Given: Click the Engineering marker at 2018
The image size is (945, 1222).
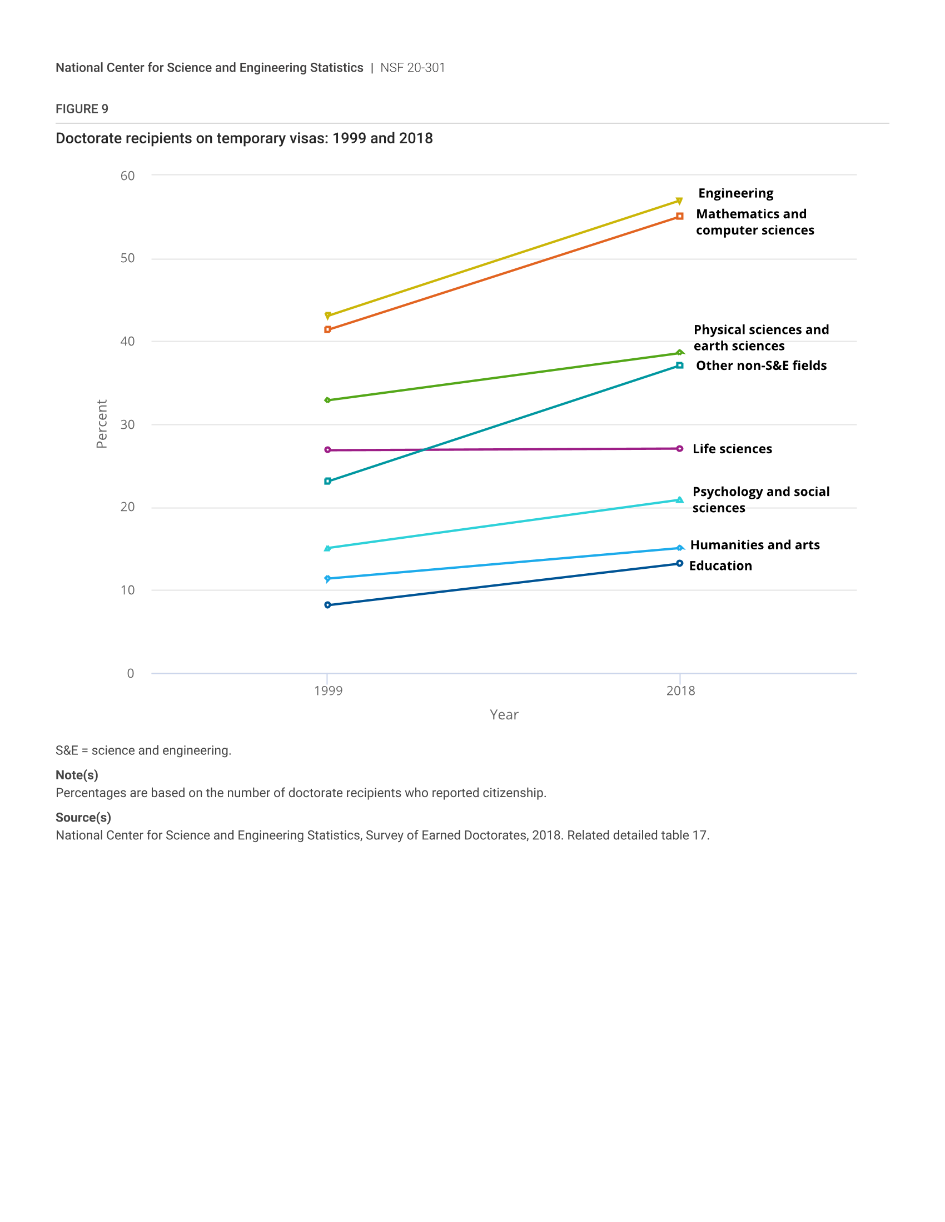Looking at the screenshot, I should [x=679, y=201].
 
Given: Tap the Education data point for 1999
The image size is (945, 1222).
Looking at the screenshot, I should [x=327, y=605].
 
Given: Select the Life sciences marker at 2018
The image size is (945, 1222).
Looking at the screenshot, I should [x=680, y=449].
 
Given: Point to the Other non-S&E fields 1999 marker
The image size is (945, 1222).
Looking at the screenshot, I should [x=327, y=481].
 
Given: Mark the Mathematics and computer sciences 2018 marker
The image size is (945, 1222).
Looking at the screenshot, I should [x=680, y=216].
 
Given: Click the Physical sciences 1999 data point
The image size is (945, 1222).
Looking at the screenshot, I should [x=327, y=400].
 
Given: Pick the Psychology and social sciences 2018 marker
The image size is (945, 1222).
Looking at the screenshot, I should [x=680, y=500].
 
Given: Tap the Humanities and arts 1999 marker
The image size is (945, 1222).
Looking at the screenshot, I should [x=327, y=579].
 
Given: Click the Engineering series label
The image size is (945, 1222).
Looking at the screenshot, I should [x=735, y=193].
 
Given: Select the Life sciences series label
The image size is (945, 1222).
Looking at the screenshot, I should [x=732, y=449].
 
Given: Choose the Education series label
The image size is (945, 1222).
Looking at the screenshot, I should [x=720, y=565].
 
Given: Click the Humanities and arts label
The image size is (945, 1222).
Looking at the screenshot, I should [x=755, y=545].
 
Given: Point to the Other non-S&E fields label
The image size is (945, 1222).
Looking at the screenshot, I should [x=761, y=365].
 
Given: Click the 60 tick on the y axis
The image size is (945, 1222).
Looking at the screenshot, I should [x=128, y=176].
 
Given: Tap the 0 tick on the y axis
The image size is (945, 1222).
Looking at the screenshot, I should [x=131, y=673].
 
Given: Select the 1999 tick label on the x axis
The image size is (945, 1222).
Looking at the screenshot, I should [x=328, y=690].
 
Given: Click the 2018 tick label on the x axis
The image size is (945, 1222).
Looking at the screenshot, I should [x=680, y=690].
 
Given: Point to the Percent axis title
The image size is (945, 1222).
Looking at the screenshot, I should [x=101, y=424].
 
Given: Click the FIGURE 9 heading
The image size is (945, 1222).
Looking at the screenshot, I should [x=82, y=108].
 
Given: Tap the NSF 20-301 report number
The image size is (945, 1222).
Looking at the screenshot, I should [x=412, y=68].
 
